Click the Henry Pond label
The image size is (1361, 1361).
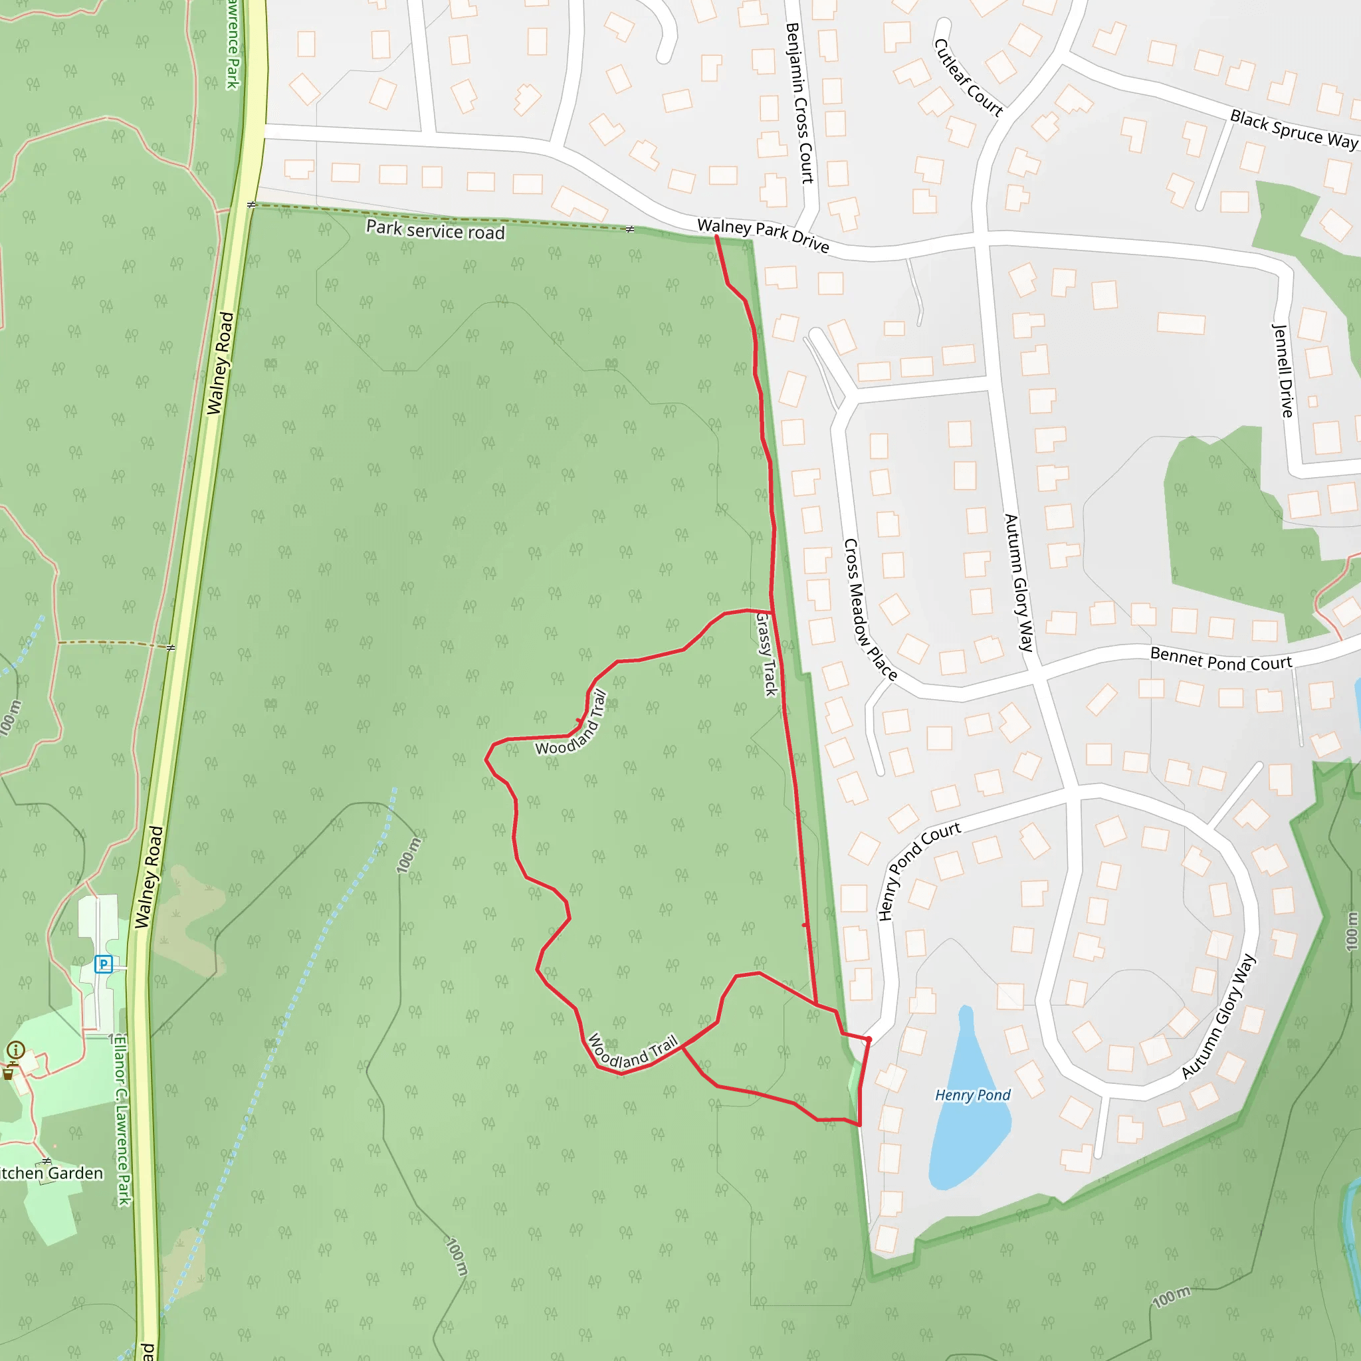pos(972,1095)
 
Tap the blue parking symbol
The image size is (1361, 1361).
pos(104,964)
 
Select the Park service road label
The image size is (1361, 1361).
pos(435,231)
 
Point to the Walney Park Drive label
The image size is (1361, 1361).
pos(763,235)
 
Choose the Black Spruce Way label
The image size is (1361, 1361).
pos(1293,130)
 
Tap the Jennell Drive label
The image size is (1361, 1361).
pos(1283,371)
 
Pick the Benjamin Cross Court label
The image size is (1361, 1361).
pos(799,103)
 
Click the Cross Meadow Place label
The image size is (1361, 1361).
pos(870,610)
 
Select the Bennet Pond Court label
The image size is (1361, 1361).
pos(1221,659)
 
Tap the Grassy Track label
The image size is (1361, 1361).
pos(766,655)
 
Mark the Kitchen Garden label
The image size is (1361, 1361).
pos(51,1173)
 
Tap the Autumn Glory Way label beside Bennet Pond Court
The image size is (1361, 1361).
pos(1019,583)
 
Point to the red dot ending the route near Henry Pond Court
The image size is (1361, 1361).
pos(869,1039)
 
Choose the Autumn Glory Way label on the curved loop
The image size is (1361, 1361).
pos(1219,1017)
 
